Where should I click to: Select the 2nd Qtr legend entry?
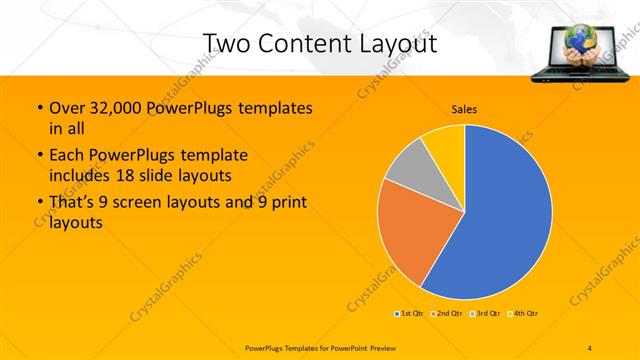click(x=447, y=314)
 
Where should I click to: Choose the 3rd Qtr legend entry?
click(x=485, y=314)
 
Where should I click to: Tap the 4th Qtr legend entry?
click(x=523, y=314)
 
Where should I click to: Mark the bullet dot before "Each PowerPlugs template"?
click(x=39, y=156)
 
